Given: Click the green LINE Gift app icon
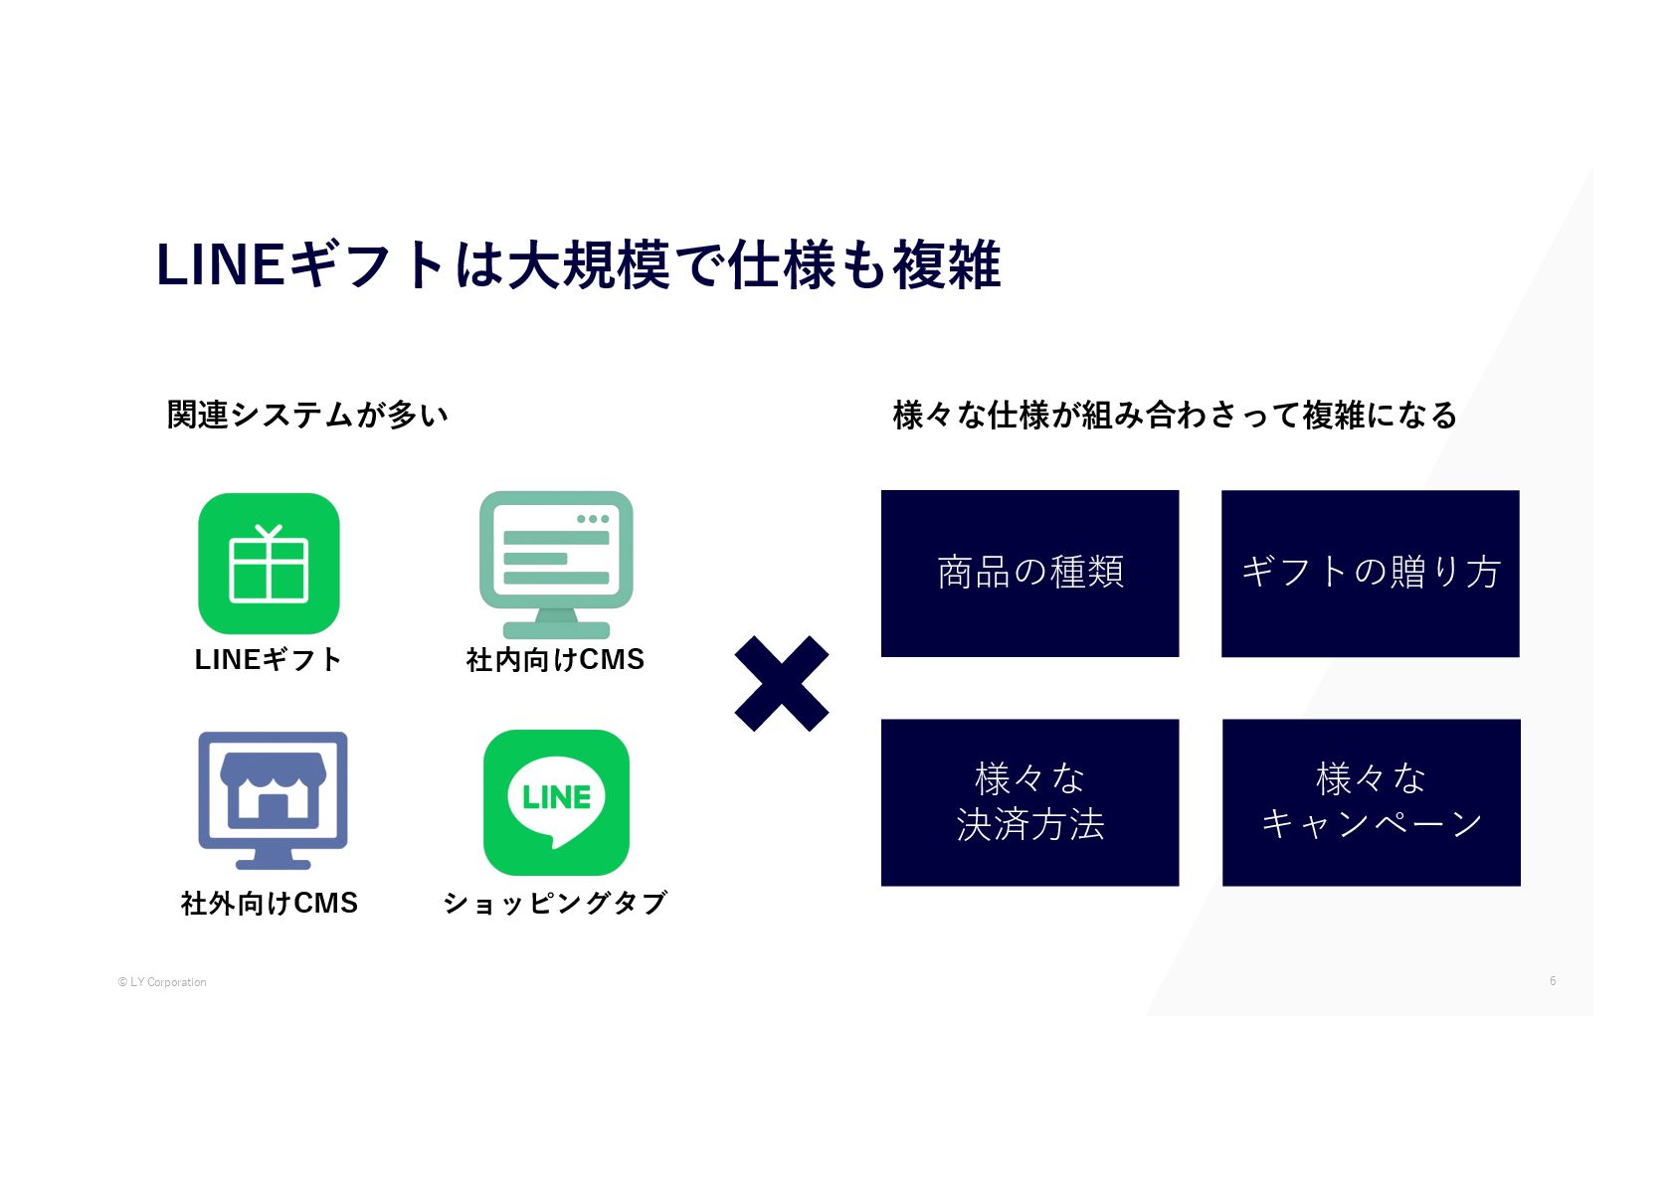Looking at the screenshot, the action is (269, 563).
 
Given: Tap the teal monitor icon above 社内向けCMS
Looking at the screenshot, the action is (556, 563).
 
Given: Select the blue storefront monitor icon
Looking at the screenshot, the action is (273, 799).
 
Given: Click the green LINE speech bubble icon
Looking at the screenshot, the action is (556, 802).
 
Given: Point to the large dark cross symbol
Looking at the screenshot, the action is (782, 684).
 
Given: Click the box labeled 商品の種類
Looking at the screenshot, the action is (1029, 573).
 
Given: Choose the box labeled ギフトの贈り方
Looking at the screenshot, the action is (1370, 573).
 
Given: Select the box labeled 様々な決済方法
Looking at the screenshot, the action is (1029, 801).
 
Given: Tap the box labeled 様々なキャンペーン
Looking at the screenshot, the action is (1371, 801).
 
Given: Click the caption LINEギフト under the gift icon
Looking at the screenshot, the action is (269, 659).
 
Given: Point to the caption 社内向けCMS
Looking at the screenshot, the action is (555, 659).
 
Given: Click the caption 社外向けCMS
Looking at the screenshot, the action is (269, 903).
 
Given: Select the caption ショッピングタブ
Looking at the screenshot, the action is (555, 903).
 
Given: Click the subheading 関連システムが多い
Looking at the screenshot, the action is (307, 415).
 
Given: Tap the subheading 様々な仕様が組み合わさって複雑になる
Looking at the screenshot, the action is (1175, 415).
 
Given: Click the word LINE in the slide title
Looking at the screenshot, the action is (220, 265).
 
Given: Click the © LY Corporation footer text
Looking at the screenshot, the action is (162, 982).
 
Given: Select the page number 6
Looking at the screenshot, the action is (1552, 981).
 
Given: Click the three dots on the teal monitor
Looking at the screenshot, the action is (593, 519).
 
